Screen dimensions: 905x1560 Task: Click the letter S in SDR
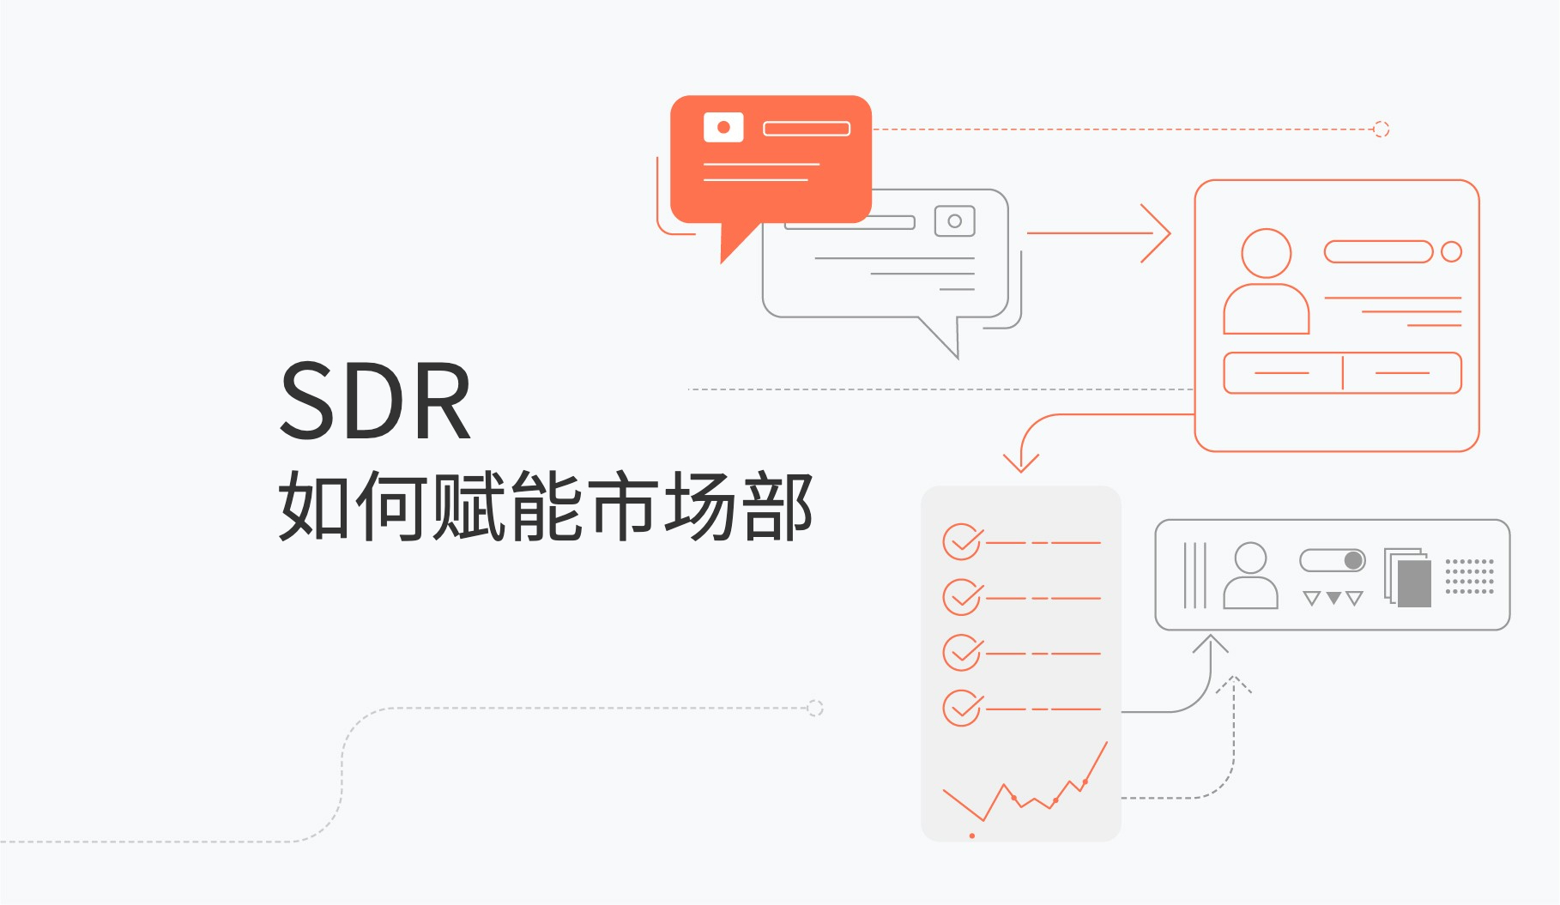click(x=313, y=401)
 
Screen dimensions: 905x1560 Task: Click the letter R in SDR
click(x=442, y=401)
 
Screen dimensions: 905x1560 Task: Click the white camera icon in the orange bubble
click(x=723, y=127)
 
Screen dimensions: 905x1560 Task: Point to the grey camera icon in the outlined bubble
click(x=954, y=221)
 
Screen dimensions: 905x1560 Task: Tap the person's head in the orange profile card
click(x=1266, y=252)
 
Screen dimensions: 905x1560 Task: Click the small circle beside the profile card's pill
click(x=1451, y=251)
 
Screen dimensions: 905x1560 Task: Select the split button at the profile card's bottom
click(x=1342, y=373)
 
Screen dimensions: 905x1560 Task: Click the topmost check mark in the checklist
click(x=962, y=542)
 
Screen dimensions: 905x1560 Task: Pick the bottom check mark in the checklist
click(x=962, y=709)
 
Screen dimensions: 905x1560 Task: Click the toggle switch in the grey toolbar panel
click(x=1333, y=561)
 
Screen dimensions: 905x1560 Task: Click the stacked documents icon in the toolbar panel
click(x=1407, y=577)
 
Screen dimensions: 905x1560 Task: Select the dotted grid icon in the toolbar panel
click(x=1469, y=576)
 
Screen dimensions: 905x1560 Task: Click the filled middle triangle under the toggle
click(x=1333, y=598)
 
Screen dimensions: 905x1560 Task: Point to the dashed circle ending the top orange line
click(x=1381, y=130)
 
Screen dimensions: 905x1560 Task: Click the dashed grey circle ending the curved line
click(x=815, y=708)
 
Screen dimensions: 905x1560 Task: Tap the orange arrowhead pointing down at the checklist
click(x=1021, y=463)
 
